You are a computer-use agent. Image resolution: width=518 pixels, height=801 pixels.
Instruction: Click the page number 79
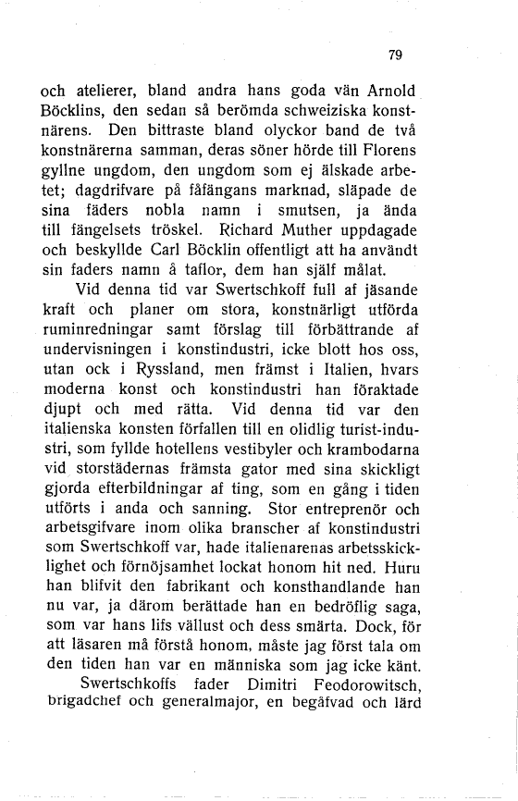[395, 55]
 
